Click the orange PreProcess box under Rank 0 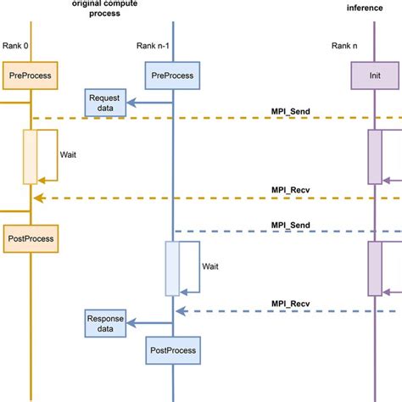31,75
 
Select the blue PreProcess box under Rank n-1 173,75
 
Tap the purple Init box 373,75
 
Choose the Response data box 103,322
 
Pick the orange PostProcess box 31,238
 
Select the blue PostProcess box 173,349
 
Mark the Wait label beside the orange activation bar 70,156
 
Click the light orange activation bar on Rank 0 30,156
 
